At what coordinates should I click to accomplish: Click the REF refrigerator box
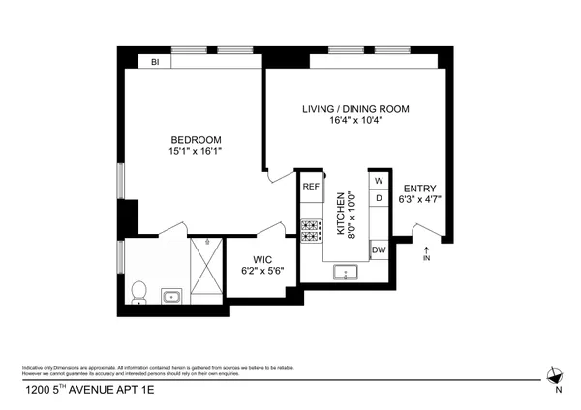(x=311, y=186)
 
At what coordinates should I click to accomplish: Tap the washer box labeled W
(x=379, y=181)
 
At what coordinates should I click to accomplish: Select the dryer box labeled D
(x=379, y=198)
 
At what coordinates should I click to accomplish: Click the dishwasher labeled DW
(x=379, y=250)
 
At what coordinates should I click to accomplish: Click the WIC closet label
(x=262, y=259)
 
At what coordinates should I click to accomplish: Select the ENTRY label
(x=419, y=189)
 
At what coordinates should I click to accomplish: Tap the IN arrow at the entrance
(x=427, y=254)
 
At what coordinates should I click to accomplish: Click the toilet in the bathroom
(x=138, y=291)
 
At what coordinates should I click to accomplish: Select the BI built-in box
(x=154, y=62)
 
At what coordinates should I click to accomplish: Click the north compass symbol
(x=555, y=378)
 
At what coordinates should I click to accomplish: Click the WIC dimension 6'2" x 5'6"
(x=262, y=272)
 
